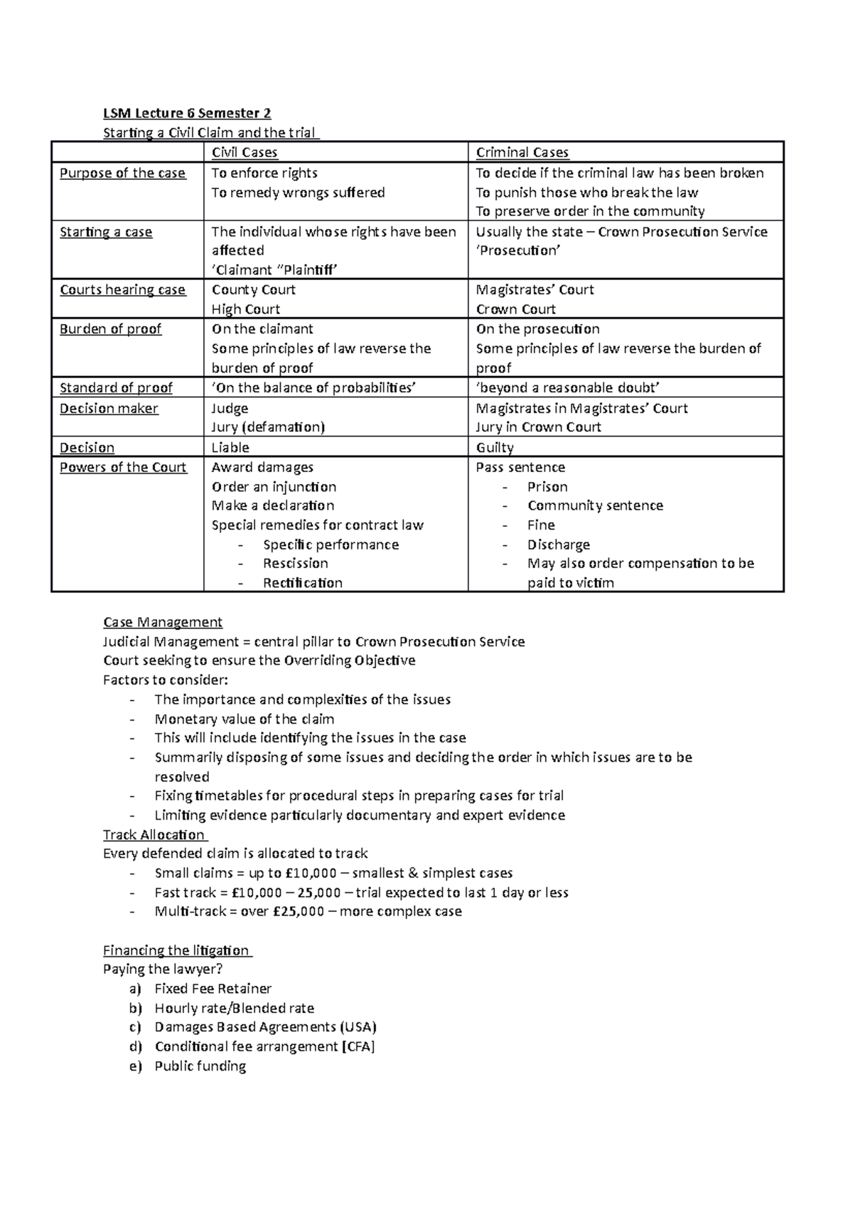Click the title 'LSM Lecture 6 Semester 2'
click(187, 113)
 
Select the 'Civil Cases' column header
click(245, 152)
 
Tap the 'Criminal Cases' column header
click(522, 152)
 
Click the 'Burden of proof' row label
click(110, 329)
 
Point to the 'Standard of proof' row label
click(116, 387)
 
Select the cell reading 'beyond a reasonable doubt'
click(568, 387)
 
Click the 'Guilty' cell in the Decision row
click(495, 448)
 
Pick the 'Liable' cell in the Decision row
click(230, 448)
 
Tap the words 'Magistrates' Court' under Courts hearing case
click(535, 290)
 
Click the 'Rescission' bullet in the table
click(295, 564)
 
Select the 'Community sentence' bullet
click(595, 505)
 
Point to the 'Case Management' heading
click(163, 622)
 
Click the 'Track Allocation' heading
click(154, 835)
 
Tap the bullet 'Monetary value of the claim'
click(245, 719)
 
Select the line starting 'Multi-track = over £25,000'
click(308, 911)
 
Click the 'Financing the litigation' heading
click(176, 950)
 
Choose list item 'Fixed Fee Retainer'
click(213, 989)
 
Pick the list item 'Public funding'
click(200, 1066)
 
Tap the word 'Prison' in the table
click(547, 487)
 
